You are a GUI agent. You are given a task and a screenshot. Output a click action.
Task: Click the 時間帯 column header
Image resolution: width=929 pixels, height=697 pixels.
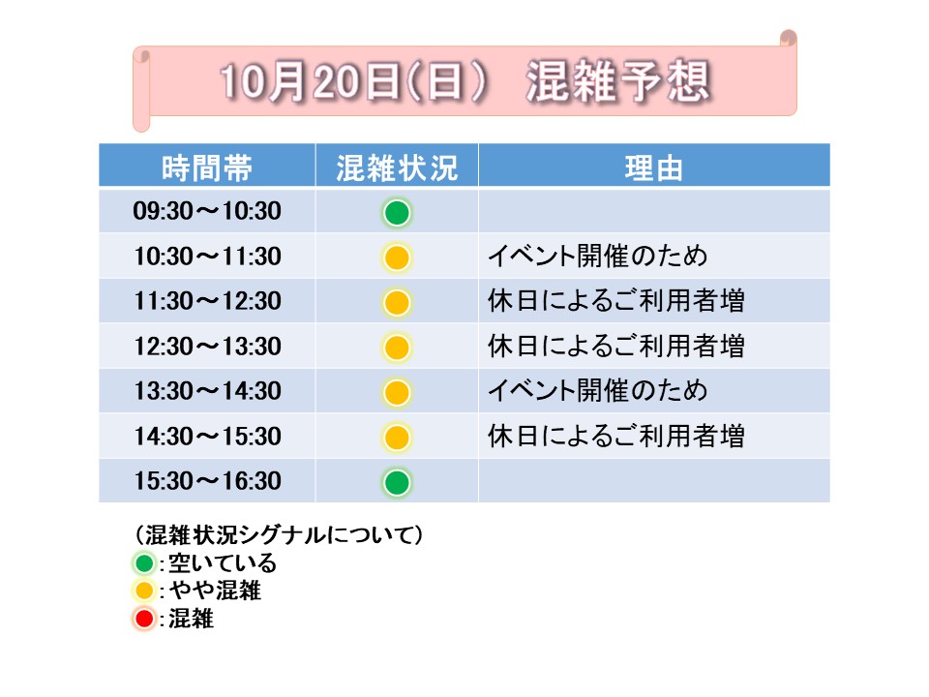coord(207,167)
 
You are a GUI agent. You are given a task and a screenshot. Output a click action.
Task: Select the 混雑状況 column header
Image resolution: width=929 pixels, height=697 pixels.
coord(397,167)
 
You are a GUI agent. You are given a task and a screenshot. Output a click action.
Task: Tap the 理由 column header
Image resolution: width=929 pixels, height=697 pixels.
coord(653,167)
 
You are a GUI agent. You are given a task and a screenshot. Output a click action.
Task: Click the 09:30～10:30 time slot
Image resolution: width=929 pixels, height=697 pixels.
coord(207,211)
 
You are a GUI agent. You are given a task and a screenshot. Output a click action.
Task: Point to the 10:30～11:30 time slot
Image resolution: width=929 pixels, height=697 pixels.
coord(207,256)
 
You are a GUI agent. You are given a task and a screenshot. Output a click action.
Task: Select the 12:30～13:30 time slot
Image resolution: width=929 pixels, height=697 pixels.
coord(207,347)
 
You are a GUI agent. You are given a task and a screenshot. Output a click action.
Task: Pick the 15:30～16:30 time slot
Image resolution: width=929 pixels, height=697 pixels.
coord(207,481)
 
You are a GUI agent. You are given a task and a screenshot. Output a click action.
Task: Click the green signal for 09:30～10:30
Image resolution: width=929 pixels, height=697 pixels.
coord(397,213)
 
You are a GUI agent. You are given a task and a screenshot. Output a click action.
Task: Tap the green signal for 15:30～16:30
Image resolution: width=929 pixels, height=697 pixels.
coord(397,482)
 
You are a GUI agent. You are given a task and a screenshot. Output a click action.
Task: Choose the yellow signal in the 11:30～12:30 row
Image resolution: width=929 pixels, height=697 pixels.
coord(397,302)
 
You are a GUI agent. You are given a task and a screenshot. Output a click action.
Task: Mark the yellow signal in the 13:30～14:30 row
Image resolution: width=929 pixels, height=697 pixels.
coord(397,392)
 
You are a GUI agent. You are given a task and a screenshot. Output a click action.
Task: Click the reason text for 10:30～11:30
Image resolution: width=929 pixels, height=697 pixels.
coord(598,256)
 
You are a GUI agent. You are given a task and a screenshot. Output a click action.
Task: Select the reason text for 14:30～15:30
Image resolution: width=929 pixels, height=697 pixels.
coord(616,436)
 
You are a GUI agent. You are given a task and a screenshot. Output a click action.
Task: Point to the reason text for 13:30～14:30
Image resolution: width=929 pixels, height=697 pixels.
coord(598,390)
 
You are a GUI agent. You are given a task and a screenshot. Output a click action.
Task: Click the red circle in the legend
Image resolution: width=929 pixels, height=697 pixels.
coord(144,619)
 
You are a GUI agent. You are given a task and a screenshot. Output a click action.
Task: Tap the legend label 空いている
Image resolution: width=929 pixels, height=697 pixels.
coord(223,562)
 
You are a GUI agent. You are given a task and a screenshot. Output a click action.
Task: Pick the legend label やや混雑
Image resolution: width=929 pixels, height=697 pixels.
coord(215,591)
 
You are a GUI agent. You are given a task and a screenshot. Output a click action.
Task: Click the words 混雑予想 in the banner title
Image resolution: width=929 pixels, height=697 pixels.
coord(618,81)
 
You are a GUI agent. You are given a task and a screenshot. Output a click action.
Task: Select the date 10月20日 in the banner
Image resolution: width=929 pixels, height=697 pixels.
coord(311,81)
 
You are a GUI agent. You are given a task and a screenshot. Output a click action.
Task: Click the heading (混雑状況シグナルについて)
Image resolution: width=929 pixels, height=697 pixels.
coord(279,534)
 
